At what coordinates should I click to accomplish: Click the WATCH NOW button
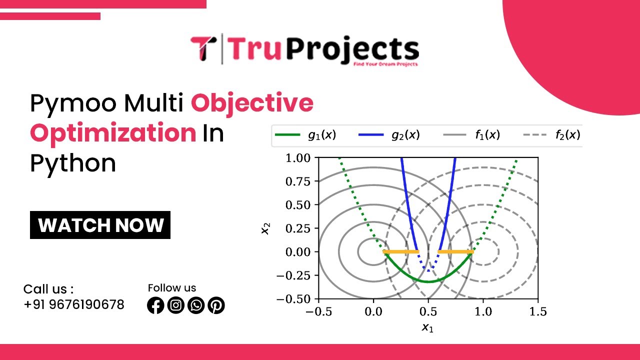click(100, 225)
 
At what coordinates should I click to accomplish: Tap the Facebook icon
click(155, 305)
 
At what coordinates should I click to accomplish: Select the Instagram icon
click(176, 305)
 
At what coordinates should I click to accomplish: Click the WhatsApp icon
click(196, 305)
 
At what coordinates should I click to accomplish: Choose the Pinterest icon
click(216, 305)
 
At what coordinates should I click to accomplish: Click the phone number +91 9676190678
click(74, 304)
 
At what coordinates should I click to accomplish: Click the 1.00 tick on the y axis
click(298, 158)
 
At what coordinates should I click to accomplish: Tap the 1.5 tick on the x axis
click(538, 312)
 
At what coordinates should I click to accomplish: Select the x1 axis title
click(427, 327)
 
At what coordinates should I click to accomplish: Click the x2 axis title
click(266, 228)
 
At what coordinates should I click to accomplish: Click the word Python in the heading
click(73, 163)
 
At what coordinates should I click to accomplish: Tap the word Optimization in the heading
click(113, 133)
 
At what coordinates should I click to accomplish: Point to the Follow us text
click(172, 288)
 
